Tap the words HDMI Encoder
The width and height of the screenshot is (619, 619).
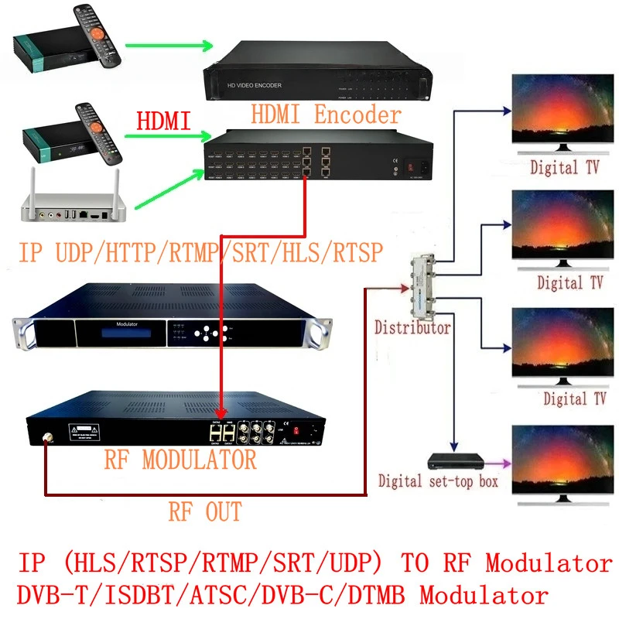point(326,115)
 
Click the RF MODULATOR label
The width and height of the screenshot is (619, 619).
point(180,460)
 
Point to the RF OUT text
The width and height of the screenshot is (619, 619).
point(205,511)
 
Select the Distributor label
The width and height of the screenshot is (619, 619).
point(412,327)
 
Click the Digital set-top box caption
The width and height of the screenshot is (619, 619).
point(438,481)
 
